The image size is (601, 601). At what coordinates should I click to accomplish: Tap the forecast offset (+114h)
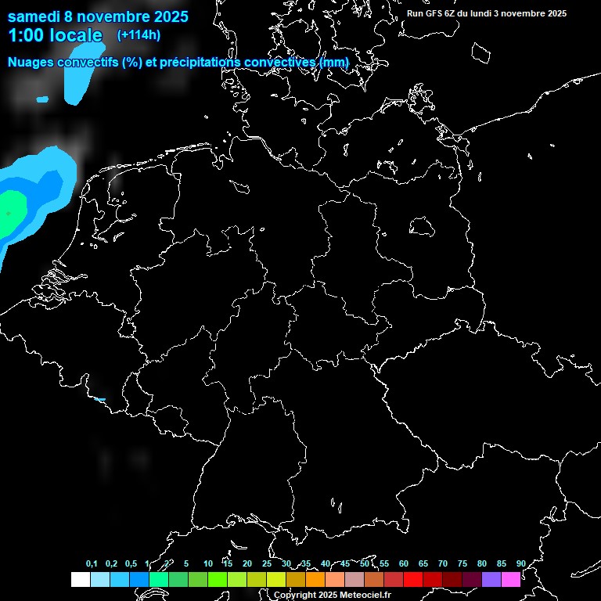139,34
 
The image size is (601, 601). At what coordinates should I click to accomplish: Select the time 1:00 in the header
26,35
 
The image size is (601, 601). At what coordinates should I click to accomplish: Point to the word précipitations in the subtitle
206,62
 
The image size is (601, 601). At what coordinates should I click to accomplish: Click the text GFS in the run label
434,13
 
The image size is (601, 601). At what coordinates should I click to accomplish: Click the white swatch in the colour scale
80,580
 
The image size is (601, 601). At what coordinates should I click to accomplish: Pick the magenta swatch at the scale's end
511,580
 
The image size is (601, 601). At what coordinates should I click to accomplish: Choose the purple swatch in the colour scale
491,580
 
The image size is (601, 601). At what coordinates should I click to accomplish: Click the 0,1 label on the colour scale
92,564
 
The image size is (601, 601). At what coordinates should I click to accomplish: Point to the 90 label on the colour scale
521,564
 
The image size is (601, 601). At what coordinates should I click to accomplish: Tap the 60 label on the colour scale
404,564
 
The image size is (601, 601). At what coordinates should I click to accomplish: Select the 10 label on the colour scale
207,564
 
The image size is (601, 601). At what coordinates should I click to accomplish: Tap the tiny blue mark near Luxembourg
99,399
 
